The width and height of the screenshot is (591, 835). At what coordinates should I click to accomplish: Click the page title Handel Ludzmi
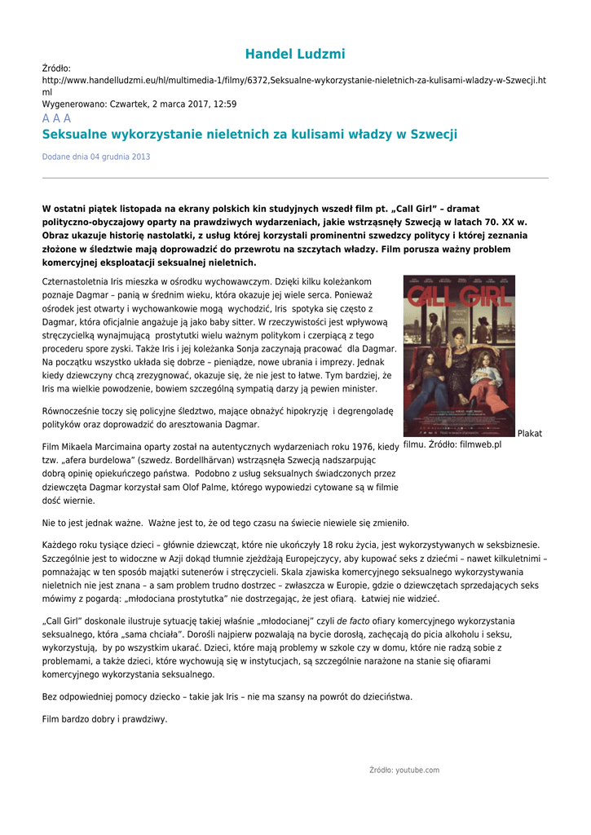pyautogui.click(x=295, y=55)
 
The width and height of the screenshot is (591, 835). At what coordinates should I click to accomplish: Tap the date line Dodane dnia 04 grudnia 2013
pyautogui.click(x=96, y=157)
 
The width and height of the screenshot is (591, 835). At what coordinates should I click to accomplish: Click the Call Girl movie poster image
pyautogui.click(x=459, y=356)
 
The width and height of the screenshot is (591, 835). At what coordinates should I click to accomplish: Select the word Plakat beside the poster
pyautogui.click(x=529, y=434)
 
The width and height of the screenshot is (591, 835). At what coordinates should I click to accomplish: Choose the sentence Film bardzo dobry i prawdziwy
pyautogui.click(x=104, y=719)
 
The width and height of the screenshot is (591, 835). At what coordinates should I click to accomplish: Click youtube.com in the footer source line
pyautogui.click(x=417, y=770)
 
